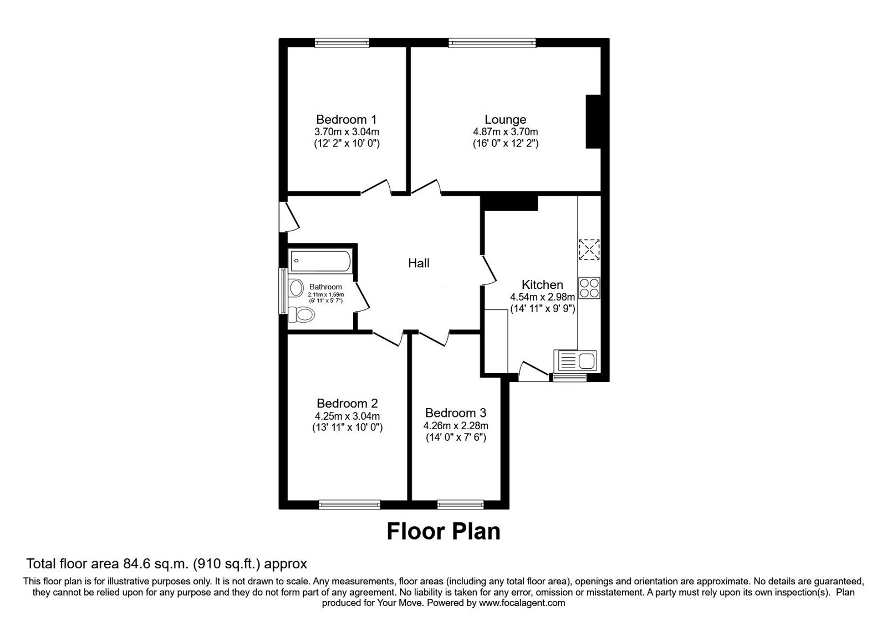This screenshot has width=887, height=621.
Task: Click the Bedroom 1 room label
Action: tap(346, 119)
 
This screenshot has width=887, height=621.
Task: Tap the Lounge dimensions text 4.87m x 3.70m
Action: tap(505, 132)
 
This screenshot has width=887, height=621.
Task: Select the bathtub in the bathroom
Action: tap(320, 260)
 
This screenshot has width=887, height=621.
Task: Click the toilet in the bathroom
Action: tap(302, 314)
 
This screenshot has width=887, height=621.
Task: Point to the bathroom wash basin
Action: tap(297, 288)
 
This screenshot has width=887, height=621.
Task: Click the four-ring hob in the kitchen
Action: tap(589, 288)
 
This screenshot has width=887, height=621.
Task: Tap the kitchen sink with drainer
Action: tap(575, 361)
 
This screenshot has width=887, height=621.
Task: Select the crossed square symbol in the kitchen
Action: tap(589, 249)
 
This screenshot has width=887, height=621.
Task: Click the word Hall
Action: tap(419, 263)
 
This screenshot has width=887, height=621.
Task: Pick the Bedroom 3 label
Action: tap(456, 413)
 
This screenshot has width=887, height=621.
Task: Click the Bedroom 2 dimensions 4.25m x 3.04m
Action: tap(347, 416)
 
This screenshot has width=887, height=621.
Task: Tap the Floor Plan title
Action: tap(443, 531)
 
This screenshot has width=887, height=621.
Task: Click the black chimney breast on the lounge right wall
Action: tap(594, 121)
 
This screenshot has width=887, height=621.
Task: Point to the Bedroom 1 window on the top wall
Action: tap(342, 43)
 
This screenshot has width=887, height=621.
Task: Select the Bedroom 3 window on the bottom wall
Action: tap(460, 504)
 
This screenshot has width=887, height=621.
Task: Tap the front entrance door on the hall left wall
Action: tap(289, 217)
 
